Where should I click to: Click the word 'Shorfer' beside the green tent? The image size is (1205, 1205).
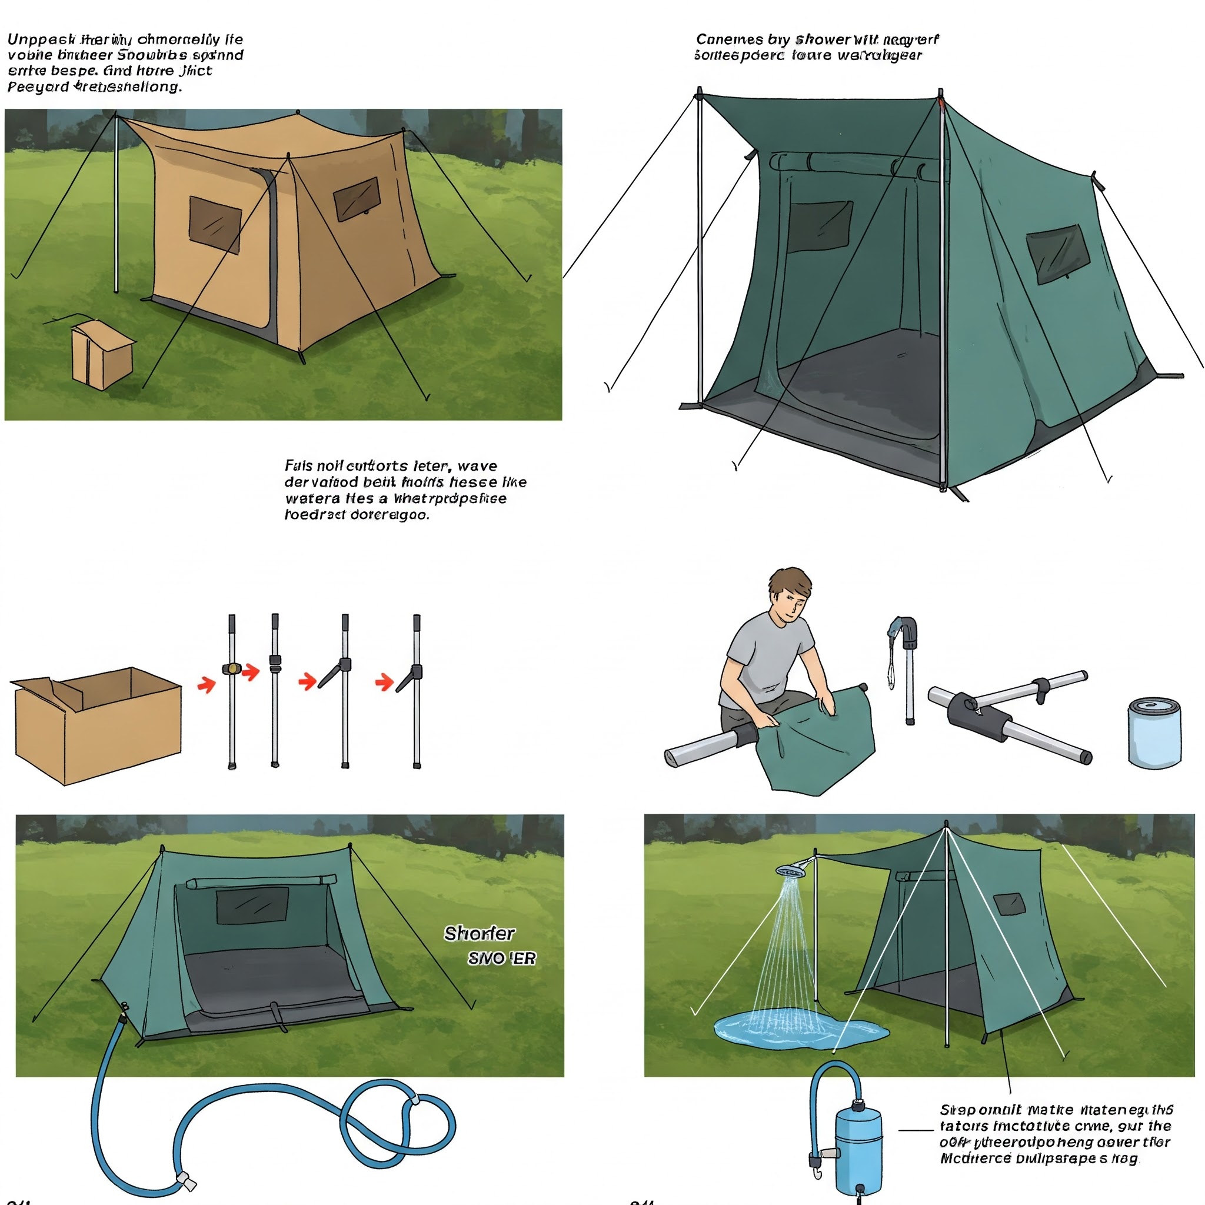point(479,934)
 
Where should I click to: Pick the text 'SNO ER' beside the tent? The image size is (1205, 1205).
point(501,958)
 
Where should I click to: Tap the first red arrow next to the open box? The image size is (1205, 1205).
point(207,685)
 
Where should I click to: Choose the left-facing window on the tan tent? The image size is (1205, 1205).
point(215,225)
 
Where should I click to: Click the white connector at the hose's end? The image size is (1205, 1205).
point(187,1181)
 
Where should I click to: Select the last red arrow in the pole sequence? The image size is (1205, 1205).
point(384,683)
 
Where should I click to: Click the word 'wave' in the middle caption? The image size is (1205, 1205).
point(477,466)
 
